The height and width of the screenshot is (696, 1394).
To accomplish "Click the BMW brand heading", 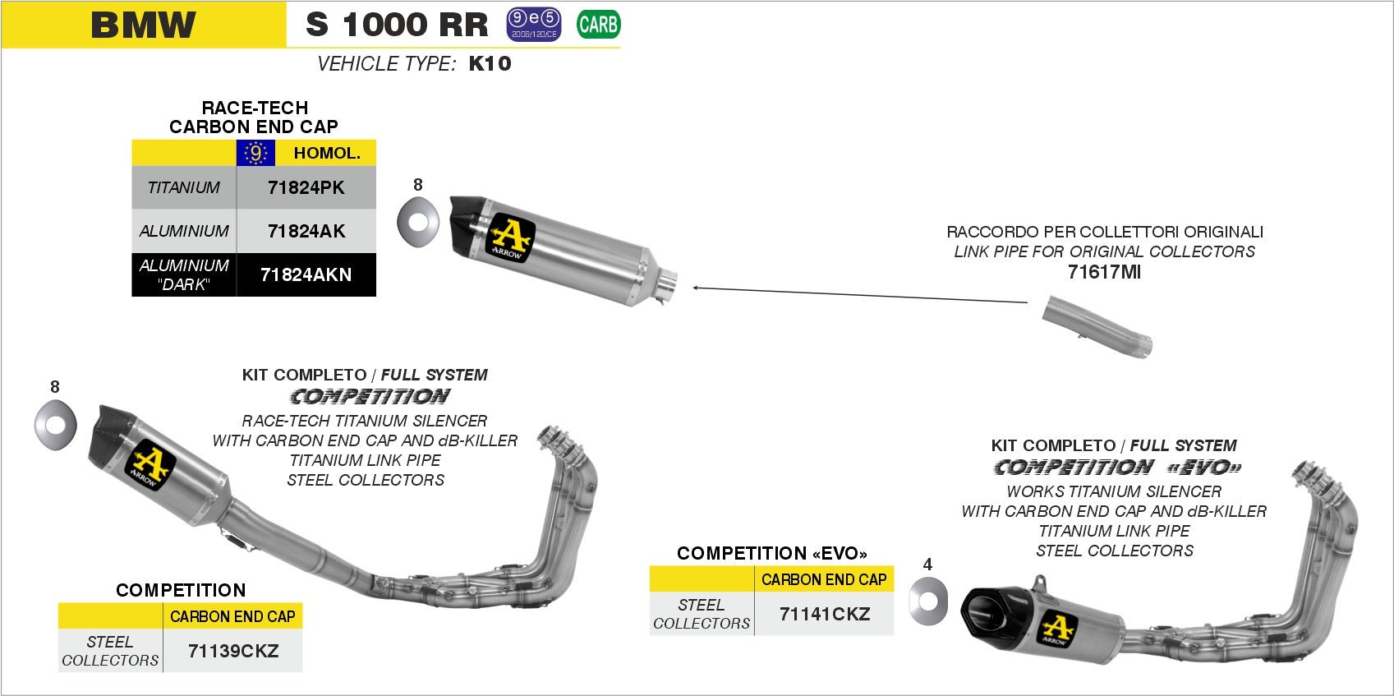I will pos(144,25).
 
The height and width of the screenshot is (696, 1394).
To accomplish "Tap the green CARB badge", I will pos(598,25).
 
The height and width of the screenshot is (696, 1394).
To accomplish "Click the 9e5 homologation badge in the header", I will pos(533,24).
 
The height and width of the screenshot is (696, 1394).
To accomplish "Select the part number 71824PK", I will pos(306,187).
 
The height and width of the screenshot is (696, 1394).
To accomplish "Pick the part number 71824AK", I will pos(306,231).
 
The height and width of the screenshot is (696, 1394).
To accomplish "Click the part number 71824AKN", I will pos(306,274).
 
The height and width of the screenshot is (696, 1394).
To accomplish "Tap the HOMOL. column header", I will pos(326,153).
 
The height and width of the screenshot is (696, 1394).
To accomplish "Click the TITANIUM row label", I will pos(184,187).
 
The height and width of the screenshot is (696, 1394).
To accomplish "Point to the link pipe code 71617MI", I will pos(1104,272).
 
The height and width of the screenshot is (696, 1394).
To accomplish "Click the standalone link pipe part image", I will pos(1097,328).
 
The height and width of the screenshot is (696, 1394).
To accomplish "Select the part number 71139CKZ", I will pos(233,651).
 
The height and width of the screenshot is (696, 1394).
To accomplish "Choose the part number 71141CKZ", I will pos(824,614).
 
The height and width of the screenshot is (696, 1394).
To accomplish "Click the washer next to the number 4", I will pos(928,601).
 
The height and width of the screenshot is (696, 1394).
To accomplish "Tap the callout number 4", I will pos(927,565).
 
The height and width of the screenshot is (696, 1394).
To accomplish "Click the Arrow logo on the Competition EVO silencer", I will pos(1058,629).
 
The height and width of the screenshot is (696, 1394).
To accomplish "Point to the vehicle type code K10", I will pos(490,64).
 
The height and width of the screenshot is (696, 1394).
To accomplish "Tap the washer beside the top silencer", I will pos(417,220).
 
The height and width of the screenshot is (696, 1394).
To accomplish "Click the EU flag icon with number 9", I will pos(255,153).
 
